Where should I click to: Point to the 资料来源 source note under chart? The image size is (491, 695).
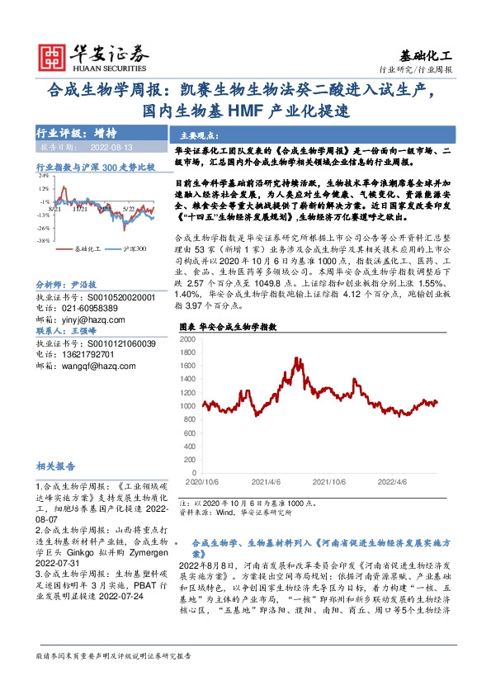(235, 512)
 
